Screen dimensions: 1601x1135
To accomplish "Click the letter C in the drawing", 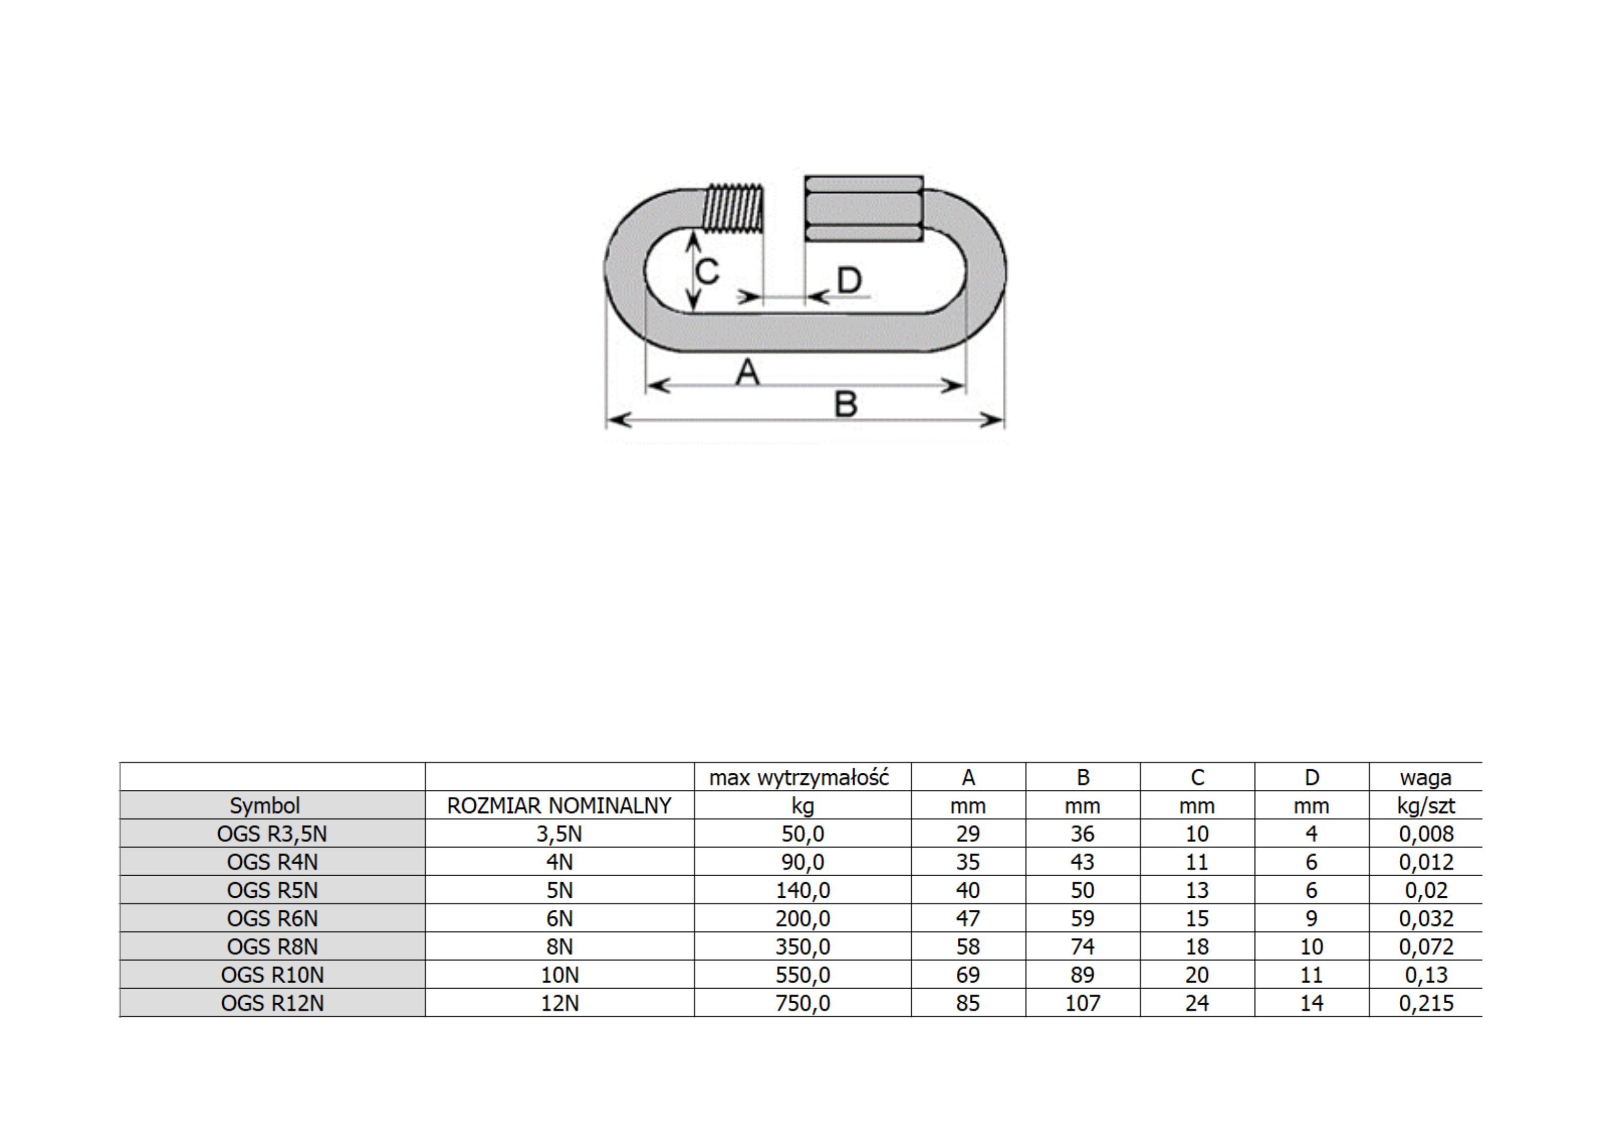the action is click(x=708, y=270).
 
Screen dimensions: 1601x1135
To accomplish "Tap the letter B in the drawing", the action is click(x=846, y=404).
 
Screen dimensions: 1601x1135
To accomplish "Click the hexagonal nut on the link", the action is click(x=864, y=208).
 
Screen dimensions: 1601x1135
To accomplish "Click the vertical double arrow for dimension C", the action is click(x=692, y=270).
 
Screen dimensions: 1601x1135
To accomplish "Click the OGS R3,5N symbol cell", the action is click(x=272, y=834).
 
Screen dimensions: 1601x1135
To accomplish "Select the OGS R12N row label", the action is click(x=272, y=1003).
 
